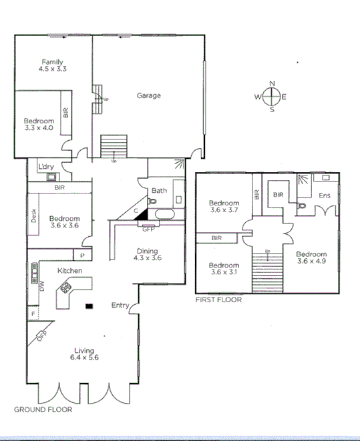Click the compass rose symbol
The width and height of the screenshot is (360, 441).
pyautogui.click(x=271, y=97)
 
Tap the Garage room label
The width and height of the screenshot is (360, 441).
pyautogui.click(x=148, y=95)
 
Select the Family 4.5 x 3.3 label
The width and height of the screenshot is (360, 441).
pyautogui.click(x=53, y=65)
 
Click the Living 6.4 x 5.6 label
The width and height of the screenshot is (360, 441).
pyautogui.click(x=85, y=354)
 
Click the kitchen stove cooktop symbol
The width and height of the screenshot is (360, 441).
pyautogui.click(x=67, y=288)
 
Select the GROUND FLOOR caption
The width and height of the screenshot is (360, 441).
pyautogui.click(x=43, y=410)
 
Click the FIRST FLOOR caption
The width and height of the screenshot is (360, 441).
pyautogui.click(x=218, y=300)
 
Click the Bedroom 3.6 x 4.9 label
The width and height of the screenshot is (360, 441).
pyautogui.click(x=312, y=258)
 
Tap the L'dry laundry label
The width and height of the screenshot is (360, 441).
pyautogui.click(x=46, y=166)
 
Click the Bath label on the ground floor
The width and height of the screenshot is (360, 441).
pyautogui.click(x=159, y=191)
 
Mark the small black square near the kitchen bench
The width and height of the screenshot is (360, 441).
pyautogui.click(x=89, y=306)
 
